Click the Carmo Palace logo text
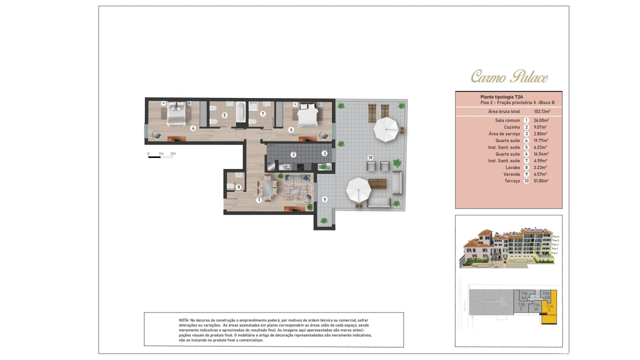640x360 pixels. (x=509, y=76)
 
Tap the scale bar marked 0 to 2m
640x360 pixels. (x=160, y=157)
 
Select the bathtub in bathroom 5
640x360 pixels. (x=240, y=112)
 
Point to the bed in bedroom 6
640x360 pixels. (x=307, y=114)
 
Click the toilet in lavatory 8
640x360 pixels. (x=230, y=186)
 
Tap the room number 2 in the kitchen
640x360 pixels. (x=293, y=154)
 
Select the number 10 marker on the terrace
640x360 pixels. (x=370, y=157)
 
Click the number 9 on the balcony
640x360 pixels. (x=324, y=199)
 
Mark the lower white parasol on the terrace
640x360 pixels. (x=359, y=190)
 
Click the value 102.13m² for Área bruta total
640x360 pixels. (x=542, y=111)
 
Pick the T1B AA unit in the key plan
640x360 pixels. (x=524, y=295)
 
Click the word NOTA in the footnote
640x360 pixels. (x=183, y=320)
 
